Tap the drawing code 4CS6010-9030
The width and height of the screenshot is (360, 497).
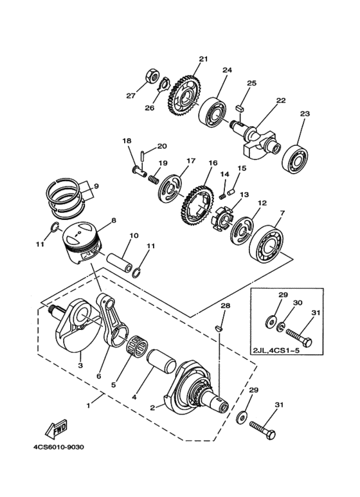click(x=59, y=447)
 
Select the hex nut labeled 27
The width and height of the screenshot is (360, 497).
click(x=152, y=76)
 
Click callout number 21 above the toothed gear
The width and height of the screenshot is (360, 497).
click(x=203, y=59)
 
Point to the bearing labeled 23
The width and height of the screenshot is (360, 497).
click(x=294, y=159)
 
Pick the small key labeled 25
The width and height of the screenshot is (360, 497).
click(x=240, y=108)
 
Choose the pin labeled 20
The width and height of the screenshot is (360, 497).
click(x=143, y=157)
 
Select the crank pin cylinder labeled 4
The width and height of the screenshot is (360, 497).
click(x=161, y=363)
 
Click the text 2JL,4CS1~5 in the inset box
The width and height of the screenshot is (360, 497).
click(x=272, y=351)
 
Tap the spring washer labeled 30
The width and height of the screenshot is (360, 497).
click(x=280, y=327)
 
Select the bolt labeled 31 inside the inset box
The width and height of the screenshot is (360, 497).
click(x=299, y=338)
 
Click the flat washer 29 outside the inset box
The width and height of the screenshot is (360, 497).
click(x=242, y=418)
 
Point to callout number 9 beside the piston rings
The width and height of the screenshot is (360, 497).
click(x=96, y=186)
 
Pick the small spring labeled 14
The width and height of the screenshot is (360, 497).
click(x=222, y=196)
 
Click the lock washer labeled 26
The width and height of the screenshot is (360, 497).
click(x=164, y=85)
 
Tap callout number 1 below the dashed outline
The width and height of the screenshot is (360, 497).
click(x=89, y=406)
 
